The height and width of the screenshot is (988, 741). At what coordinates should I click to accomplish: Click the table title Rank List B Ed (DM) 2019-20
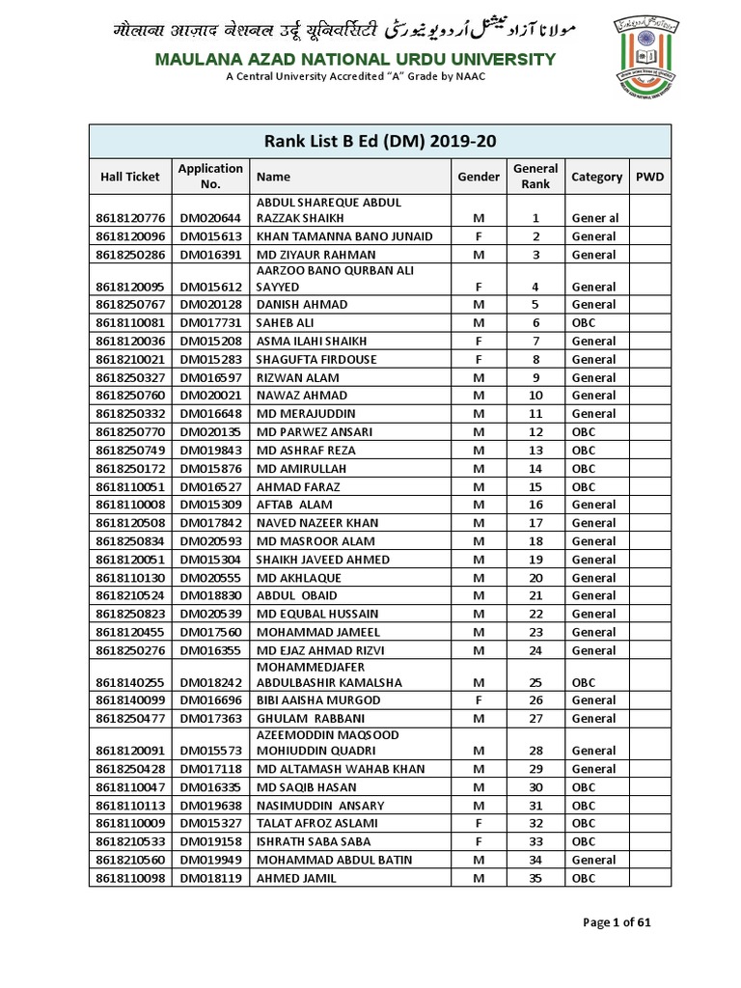[x=380, y=141]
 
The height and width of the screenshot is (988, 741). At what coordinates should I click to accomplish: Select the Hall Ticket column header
[x=130, y=177]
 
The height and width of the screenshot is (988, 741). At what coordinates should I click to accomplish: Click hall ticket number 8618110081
[x=130, y=322]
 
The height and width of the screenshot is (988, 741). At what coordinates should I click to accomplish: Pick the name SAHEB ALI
[x=287, y=322]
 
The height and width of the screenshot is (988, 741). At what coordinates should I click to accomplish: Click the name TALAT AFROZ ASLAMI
[x=316, y=823]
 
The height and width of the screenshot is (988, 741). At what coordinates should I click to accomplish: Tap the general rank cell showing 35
[x=535, y=878]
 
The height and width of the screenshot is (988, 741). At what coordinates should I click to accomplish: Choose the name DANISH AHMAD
[x=302, y=304]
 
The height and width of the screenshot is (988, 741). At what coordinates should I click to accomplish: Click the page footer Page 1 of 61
[x=617, y=922]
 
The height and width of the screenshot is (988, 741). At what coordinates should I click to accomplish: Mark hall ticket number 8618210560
[x=130, y=860]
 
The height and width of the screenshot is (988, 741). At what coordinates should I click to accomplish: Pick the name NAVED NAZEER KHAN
[x=316, y=523]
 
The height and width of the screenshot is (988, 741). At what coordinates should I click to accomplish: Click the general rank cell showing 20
[x=535, y=577]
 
